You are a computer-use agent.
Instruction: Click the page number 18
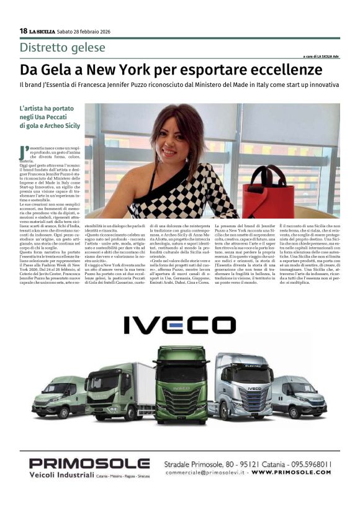coord(23,30)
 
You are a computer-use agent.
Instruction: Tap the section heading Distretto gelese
coord(62,48)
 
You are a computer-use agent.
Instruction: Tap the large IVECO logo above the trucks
coord(179,325)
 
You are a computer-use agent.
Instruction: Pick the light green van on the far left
coord(60,397)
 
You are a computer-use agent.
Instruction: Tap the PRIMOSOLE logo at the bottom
coord(89,463)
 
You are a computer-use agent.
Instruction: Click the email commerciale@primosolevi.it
coord(203,473)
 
